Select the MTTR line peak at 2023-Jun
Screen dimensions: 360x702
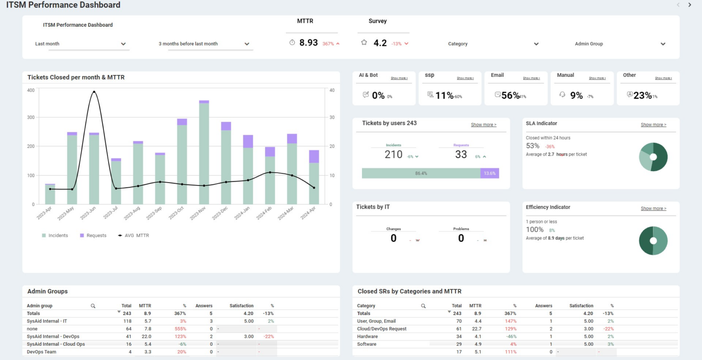pyautogui.click(x=94, y=92)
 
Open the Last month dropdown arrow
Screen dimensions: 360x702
pyautogui.click(x=123, y=44)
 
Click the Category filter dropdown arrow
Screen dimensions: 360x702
pyautogui.click(x=536, y=44)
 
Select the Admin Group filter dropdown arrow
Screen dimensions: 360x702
pyautogui.click(x=663, y=44)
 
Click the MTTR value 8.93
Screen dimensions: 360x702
pyautogui.click(x=308, y=43)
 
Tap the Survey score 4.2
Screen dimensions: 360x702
pyautogui.click(x=380, y=43)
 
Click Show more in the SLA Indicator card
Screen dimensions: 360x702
pyautogui.click(x=653, y=125)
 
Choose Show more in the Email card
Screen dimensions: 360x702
pyautogui.click(x=531, y=78)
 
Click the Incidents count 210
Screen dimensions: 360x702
pyautogui.click(x=393, y=155)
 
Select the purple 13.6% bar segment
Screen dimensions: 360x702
pyautogui.click(x=490, y=173)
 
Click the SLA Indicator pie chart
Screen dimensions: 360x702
pyautogui.click(x=653, y=157)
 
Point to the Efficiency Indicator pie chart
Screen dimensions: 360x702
pyautogui.click(x=653, y=240)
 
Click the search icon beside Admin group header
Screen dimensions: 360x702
pyautogui.click(x=93, y=306)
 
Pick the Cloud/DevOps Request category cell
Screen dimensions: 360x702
pyautogui.click(x=381, y=329)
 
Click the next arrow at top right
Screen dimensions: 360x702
pyautogui.click(x=690, y=5)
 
